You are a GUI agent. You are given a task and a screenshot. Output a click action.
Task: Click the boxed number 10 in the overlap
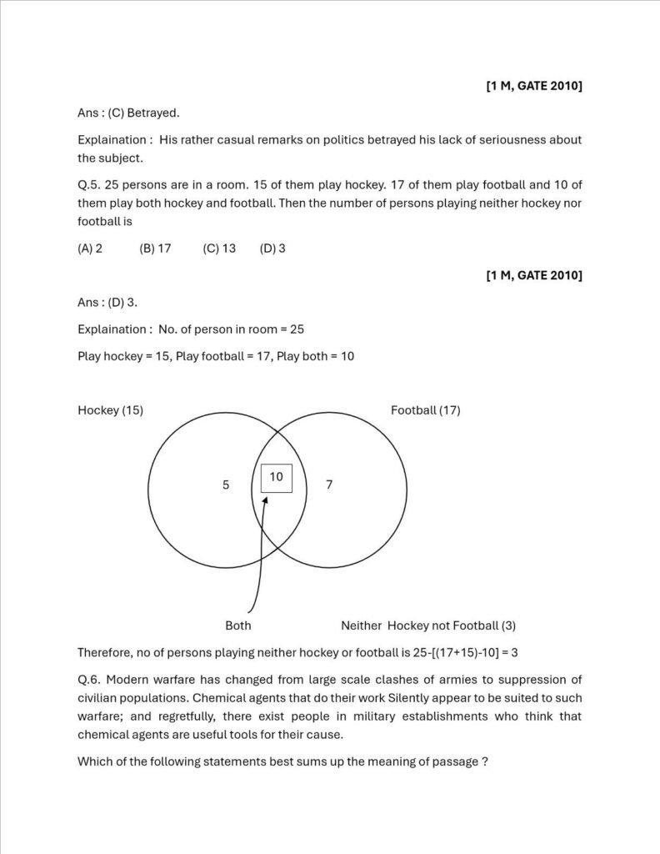(276, 477)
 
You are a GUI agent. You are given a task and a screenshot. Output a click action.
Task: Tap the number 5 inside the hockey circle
(226, 485)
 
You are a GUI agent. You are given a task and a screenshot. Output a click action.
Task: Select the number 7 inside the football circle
(329, 485)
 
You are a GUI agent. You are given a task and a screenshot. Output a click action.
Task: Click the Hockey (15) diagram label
(110, 410)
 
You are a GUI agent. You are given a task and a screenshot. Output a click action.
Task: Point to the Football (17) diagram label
(425, 410)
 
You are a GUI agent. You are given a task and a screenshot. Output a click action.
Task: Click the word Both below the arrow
(238, 625)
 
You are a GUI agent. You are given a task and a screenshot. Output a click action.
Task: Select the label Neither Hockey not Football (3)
(428, 625)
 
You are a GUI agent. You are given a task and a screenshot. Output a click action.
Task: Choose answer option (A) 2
(90, 249)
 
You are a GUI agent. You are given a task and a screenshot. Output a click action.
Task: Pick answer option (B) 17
(155, 249)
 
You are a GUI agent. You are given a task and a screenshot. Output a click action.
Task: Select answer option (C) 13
(219, 249)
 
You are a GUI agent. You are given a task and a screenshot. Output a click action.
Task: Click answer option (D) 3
(272, 249)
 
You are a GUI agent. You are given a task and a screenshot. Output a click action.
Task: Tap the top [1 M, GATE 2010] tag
(533, 86)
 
